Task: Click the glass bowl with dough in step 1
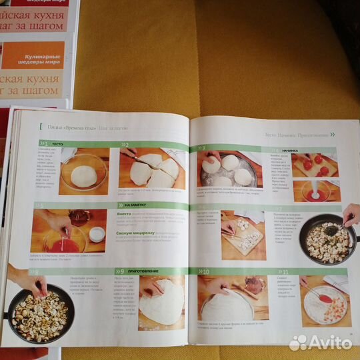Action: [83, 175]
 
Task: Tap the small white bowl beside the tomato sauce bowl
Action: [97, 233]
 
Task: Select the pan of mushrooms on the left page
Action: [39, 313]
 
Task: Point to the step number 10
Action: [206, 272]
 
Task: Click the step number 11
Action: [303, 272]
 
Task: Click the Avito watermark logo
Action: [320, 342]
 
